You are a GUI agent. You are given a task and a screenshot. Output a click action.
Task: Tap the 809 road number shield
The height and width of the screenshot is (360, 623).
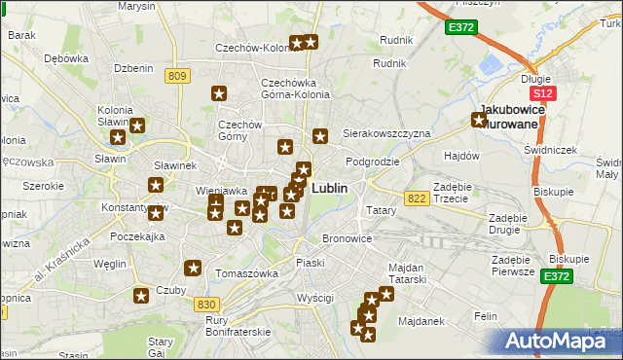[176, 77]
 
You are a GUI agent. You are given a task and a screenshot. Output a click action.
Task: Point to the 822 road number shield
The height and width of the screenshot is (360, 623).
[418, 198]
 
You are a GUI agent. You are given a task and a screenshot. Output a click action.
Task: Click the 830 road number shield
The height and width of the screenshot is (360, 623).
[206, 305]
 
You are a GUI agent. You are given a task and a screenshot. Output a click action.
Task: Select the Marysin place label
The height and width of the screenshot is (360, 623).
[136, 6]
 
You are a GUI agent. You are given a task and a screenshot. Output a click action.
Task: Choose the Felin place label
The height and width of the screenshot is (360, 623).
[485, 316]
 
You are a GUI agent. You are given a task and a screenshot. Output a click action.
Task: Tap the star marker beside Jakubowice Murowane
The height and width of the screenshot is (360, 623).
[479, 121]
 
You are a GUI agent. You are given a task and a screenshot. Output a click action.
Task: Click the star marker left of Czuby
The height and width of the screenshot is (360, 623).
[141, 297]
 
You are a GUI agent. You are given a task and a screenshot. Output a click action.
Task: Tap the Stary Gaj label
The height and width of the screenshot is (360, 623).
[160, 347]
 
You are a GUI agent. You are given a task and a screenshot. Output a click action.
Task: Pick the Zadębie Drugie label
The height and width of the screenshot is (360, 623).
[513, 223]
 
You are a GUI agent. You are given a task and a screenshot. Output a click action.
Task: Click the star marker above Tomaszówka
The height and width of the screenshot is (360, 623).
[194, 268]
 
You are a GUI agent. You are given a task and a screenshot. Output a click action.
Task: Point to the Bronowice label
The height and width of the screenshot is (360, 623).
[348, 238]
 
